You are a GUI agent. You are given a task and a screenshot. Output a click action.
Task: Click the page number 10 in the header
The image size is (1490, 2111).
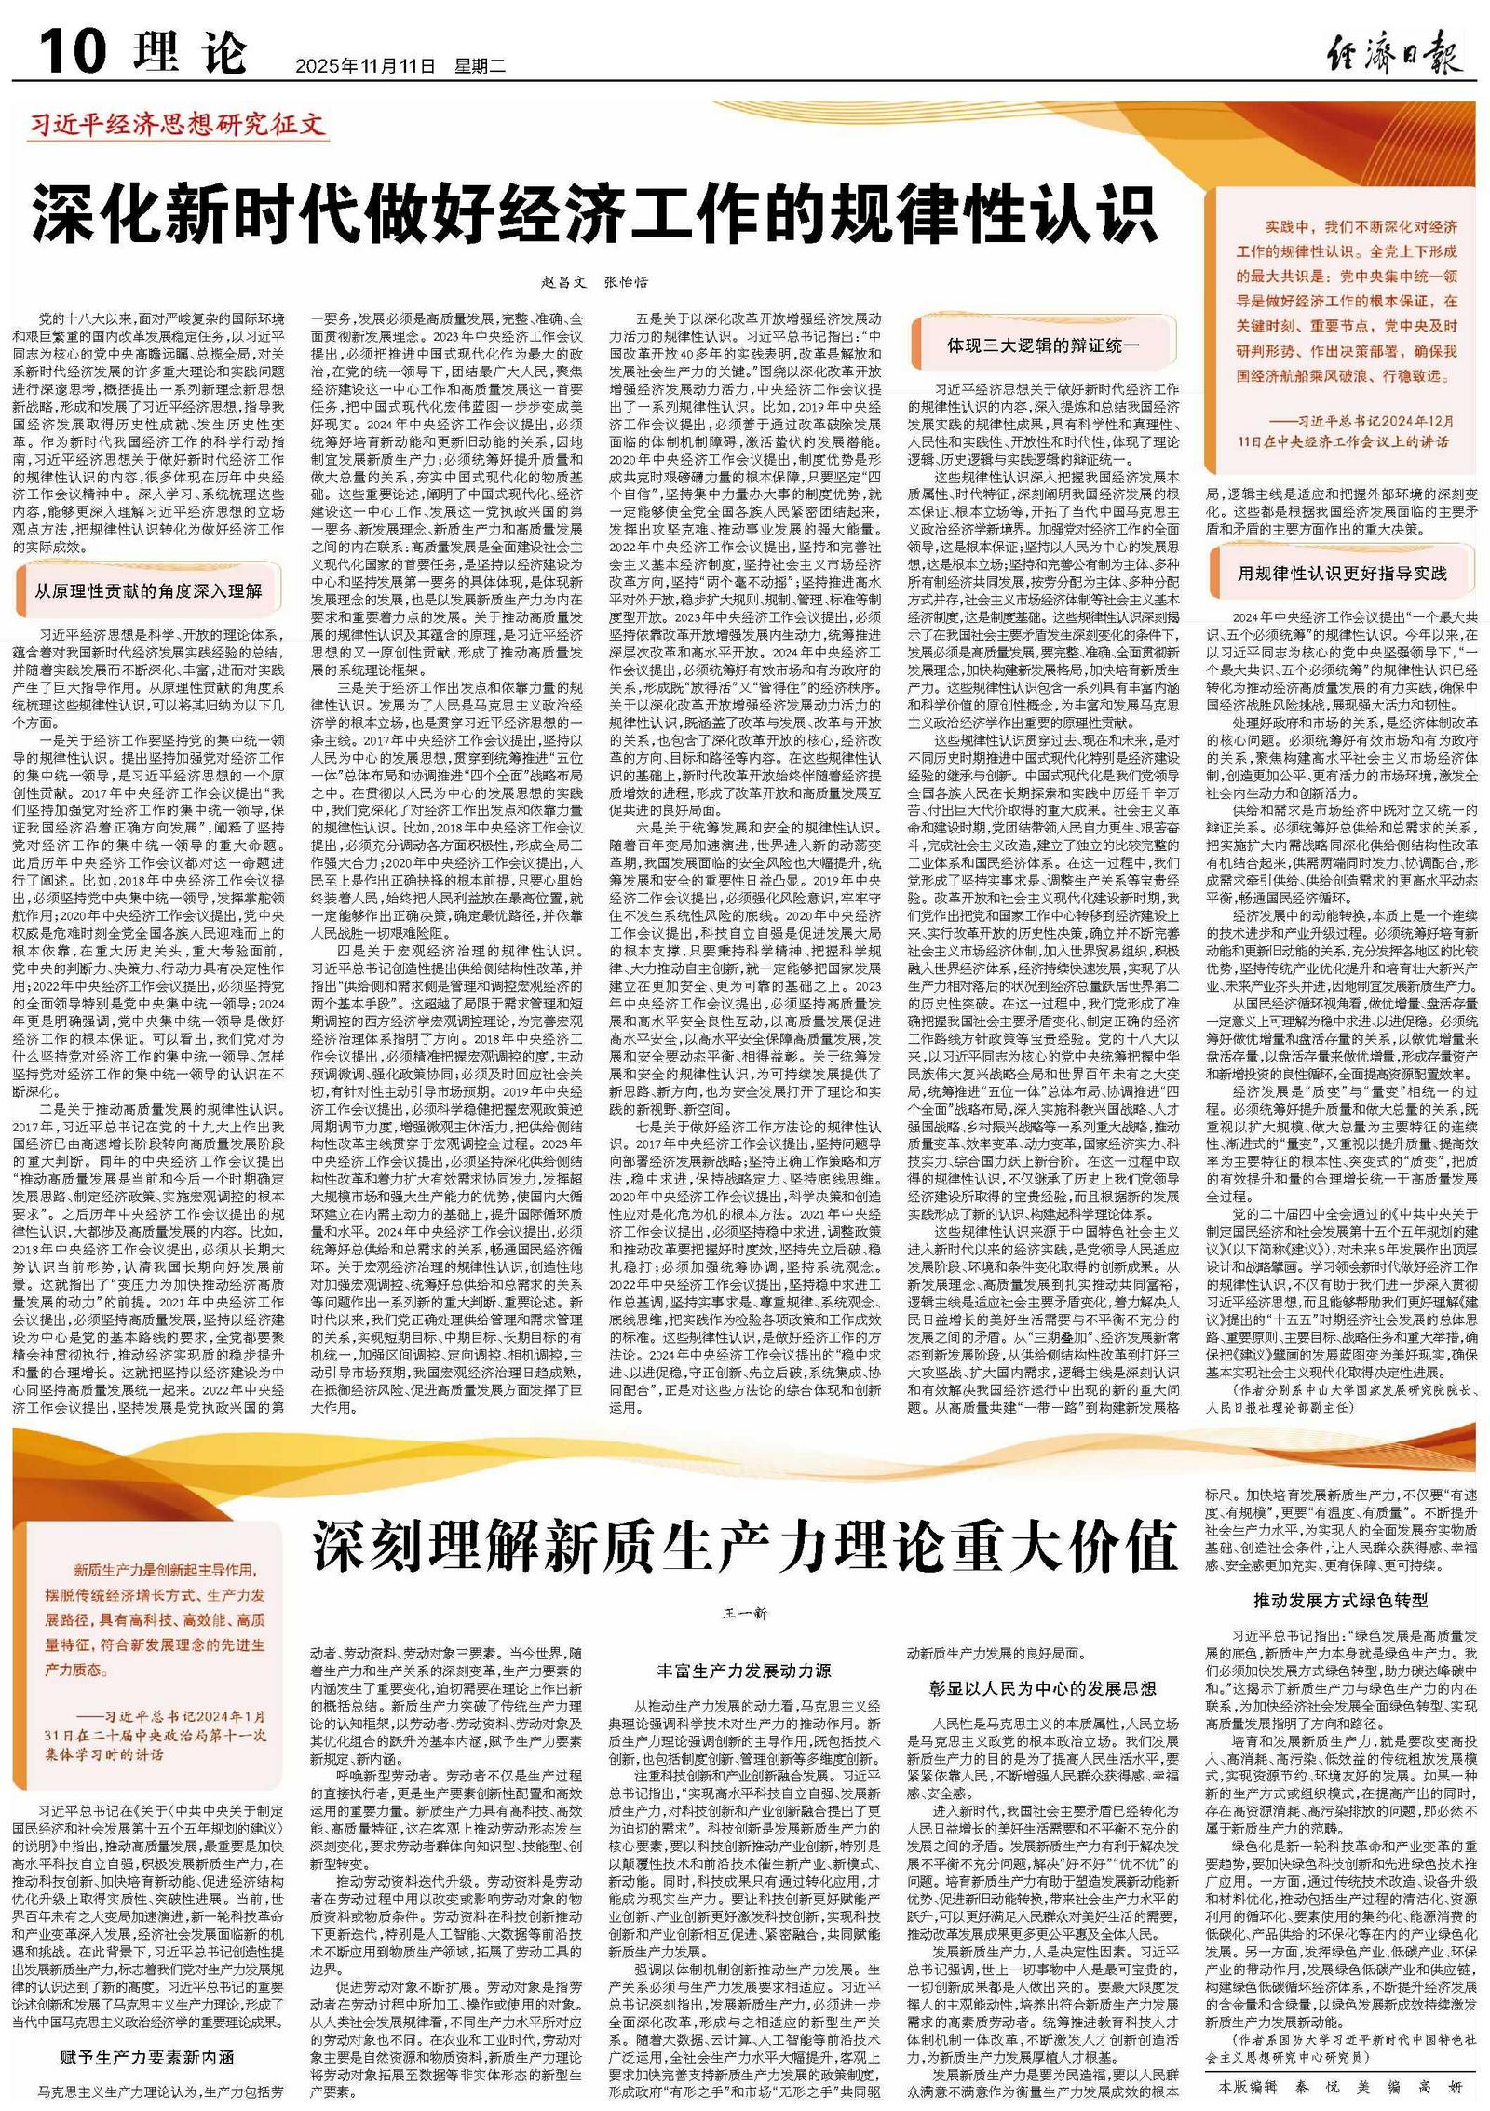pos(73,49)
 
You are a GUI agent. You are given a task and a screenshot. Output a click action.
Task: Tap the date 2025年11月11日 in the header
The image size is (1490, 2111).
pos(365,66)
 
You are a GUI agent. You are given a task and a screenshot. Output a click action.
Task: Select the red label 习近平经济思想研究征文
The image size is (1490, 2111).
pos(177,125)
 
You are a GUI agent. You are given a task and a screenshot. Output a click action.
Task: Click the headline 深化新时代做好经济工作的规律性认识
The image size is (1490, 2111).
pos(594,217)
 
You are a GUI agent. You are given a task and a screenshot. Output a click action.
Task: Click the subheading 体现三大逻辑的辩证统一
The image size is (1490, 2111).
pos(1043,345)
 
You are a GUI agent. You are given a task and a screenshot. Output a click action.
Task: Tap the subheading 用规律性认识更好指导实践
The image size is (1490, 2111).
pos(1342,574)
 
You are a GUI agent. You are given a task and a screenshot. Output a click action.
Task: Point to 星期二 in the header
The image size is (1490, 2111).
pos(480,66)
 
